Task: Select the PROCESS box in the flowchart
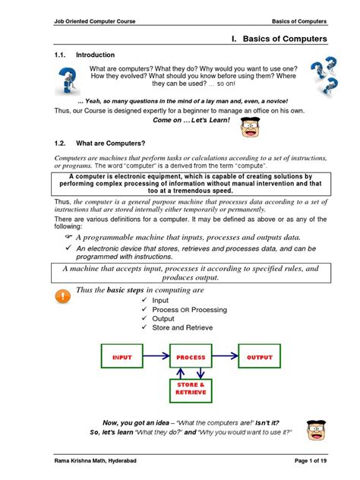pos(191,357)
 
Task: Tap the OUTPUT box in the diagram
pos(260,357)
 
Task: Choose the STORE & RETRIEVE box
pos(191,390)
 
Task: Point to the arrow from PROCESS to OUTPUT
pos(226,357)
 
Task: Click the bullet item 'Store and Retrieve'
pos(182,328)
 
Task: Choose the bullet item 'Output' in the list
pos(163,319)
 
